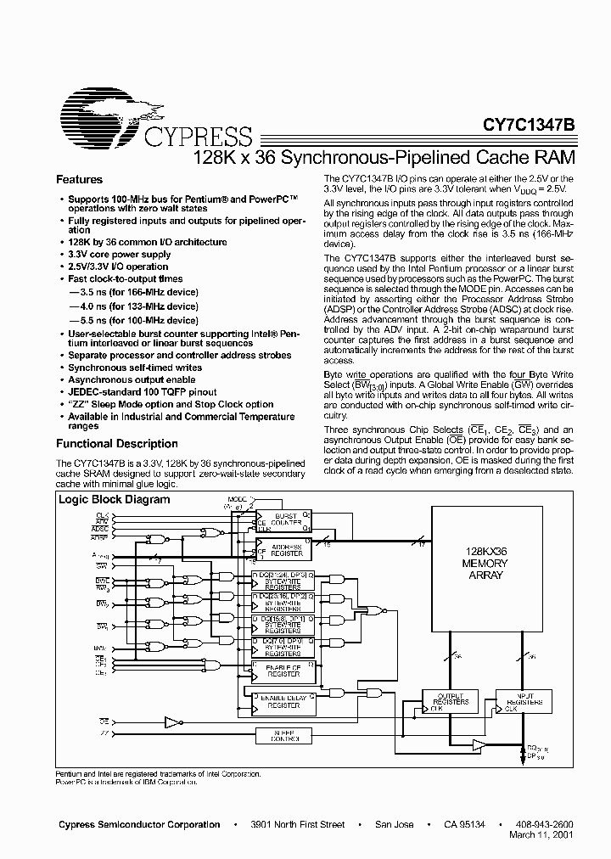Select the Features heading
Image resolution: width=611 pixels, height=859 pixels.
point(79,180)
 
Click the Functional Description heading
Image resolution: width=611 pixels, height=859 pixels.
point(116,444)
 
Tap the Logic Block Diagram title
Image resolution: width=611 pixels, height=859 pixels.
point(114,500)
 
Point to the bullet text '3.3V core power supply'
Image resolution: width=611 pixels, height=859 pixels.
point(120,255)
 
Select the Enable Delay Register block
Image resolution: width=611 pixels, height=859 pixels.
point(284,700)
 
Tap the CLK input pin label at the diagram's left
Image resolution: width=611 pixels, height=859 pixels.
point(102,515)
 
